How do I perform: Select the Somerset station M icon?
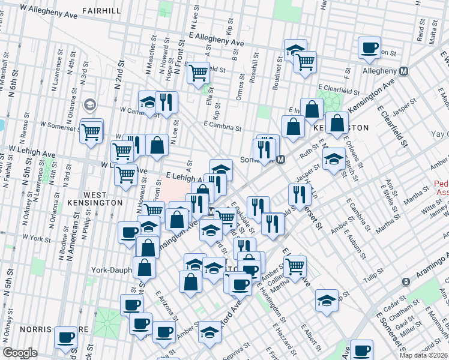280,160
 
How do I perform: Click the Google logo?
20,352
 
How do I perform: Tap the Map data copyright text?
423,355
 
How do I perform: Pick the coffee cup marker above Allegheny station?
369,47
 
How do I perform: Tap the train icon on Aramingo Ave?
406,281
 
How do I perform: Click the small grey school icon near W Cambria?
90,105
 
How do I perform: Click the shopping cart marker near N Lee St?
198,73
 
